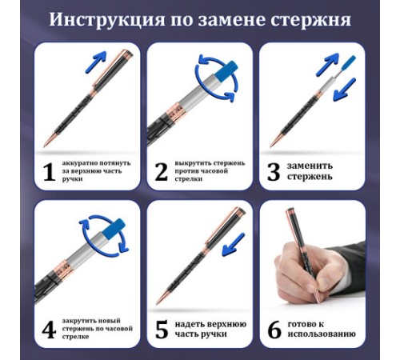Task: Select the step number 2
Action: [161, 170]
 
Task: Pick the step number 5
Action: [161, 329]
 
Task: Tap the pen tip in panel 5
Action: [159, 304]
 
